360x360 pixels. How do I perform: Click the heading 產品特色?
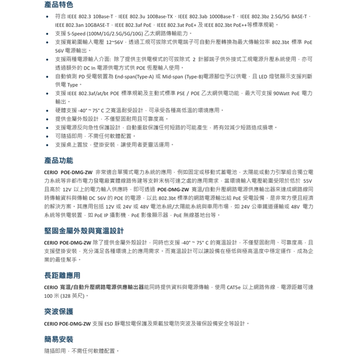58,5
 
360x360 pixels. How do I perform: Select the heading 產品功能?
58,160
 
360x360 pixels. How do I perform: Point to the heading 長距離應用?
62,276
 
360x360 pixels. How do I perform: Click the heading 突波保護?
58,312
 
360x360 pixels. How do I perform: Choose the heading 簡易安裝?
58,339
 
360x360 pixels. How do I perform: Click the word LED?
262,76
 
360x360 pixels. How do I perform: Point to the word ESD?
108,323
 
